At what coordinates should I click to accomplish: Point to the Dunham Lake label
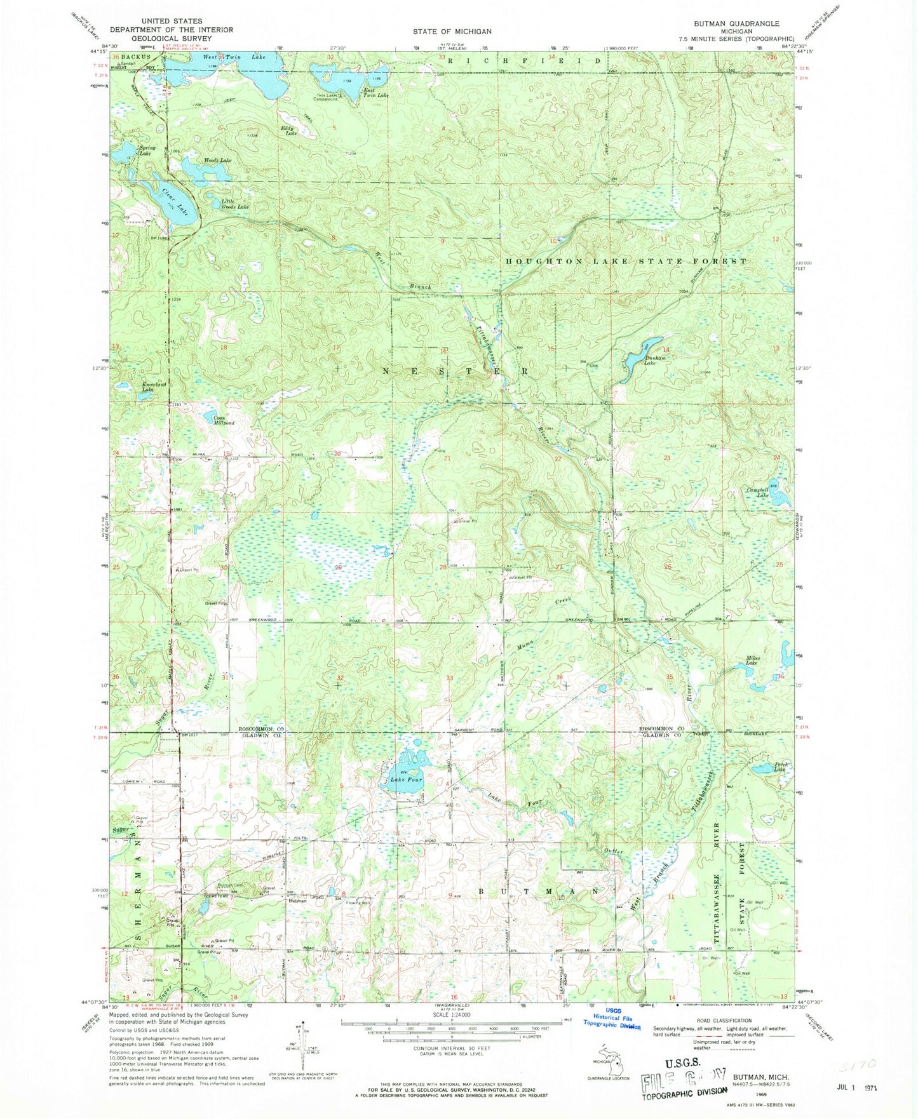[x=655, y=360]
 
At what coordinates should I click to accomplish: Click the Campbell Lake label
[x=757, y=492]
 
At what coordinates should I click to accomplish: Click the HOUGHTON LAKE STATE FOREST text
[x=626, y=261]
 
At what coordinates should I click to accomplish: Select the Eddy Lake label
[x=289, y=131]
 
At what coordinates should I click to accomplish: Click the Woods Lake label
[x=217, y=161]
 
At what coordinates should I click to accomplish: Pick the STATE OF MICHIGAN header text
[x=452, y=31]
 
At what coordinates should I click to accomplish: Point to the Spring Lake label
[x=147, y=151]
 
